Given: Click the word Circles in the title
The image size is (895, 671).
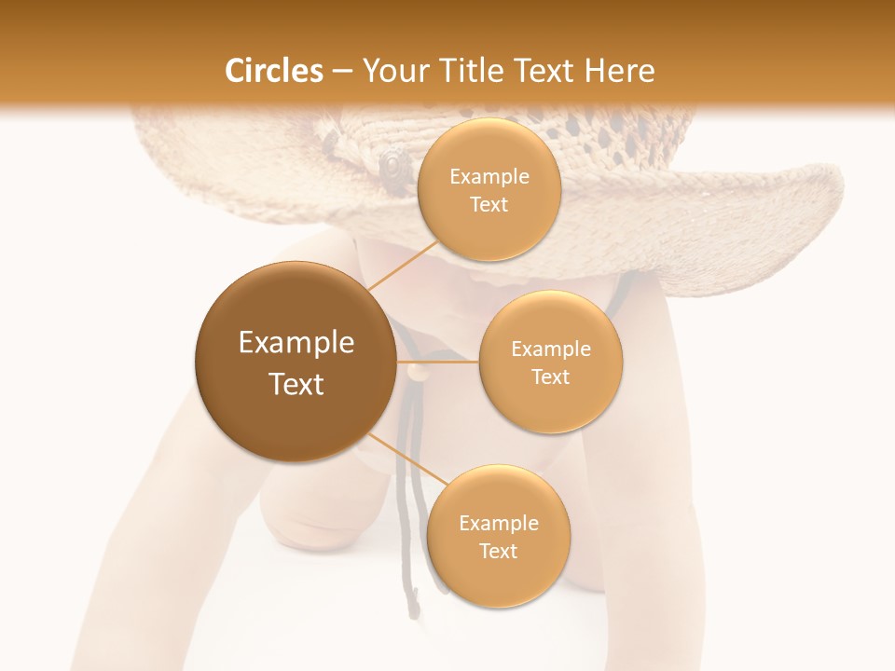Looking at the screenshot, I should [274, 71].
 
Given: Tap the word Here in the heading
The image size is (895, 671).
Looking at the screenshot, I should [618, 71].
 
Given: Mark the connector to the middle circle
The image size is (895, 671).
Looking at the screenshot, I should [438, 361].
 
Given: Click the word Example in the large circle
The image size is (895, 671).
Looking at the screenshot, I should [296, 343].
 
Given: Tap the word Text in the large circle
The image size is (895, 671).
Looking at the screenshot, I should [296, 384].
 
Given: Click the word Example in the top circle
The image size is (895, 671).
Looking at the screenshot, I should [489, 177].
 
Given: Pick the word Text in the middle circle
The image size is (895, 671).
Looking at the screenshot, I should [550, 377].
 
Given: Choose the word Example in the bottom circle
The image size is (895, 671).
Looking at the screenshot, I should [499, 523].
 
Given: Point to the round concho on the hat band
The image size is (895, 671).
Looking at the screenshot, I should [392, 163].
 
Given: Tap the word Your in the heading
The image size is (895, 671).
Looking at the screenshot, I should [392, 71].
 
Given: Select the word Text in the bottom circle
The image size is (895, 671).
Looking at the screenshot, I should [498, 551].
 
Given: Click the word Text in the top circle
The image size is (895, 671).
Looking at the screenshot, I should [489, 204].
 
